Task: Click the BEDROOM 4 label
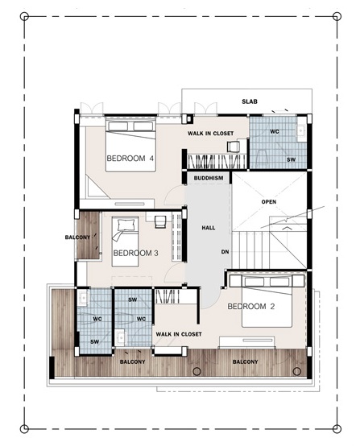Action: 130,158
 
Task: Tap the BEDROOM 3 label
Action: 136,253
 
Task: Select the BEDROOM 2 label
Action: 251,307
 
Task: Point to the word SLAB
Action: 250,101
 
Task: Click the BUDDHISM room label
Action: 209,179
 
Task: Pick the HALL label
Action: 209,228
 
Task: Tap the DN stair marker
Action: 226,252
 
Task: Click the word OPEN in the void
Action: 269,202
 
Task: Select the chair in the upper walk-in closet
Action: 234,147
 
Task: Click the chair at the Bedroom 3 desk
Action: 160,222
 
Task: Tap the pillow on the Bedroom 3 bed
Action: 125,225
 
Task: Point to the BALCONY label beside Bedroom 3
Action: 77,237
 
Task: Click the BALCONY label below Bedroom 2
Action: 245,361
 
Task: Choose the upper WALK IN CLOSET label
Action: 210,133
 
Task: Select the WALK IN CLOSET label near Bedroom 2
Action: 179,334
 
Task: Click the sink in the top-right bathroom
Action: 301,130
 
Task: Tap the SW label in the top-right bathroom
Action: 291,159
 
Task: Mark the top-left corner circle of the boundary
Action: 24,16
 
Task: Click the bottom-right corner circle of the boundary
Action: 337,428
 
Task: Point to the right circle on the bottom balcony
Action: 297,371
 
